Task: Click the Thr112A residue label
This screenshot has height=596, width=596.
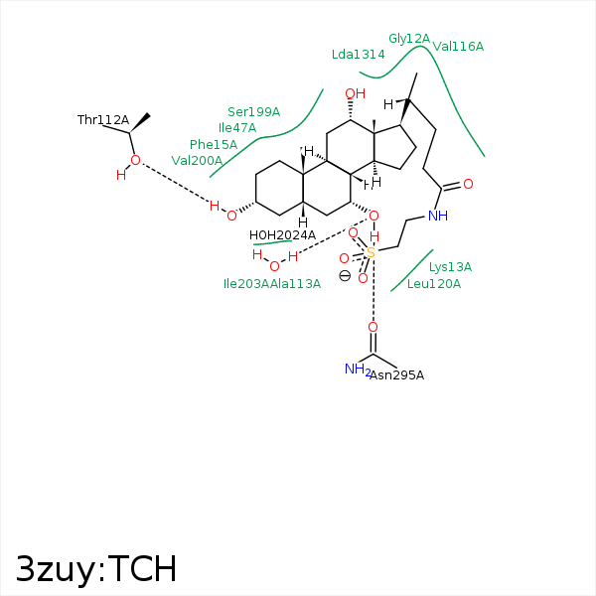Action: click(103, 120)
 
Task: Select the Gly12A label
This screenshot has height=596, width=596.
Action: click(409, 39)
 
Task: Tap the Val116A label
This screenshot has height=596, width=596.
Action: click(458, 47)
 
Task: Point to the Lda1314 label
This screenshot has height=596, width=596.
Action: click(358, 55)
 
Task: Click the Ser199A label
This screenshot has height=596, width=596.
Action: click(253, 111)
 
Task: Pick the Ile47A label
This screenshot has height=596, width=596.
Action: click(237, 128)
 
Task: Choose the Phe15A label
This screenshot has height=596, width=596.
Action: click(214, 144)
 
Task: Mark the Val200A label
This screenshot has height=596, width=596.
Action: click(197, 160)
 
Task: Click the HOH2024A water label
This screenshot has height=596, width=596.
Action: click(282, 235)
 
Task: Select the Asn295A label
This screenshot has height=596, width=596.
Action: click(396, 375)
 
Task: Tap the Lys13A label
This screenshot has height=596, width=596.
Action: click(450, 267)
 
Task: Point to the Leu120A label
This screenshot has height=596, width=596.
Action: click(434, 283)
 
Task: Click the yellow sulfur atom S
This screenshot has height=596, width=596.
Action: click(371, 252)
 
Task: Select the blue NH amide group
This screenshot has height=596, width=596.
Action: click(438, 216)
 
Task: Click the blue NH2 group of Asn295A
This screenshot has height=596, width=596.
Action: click(358, 370)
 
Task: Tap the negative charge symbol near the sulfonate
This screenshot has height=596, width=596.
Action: click(345, 275)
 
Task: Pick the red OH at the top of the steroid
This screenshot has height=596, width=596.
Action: click(355, 93)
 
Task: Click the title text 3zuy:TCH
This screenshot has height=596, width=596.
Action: click(96, 568)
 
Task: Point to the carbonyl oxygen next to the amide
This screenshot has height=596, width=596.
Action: click(468, 184)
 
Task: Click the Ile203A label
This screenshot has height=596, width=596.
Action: click(246, 283)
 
